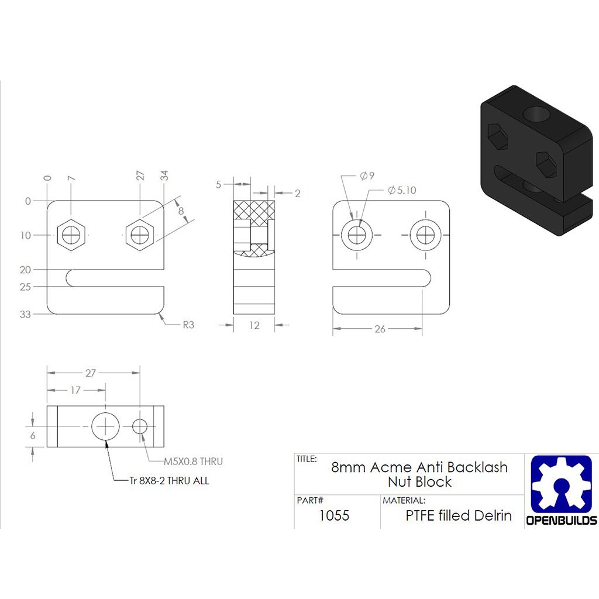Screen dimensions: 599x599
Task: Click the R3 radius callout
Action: [187, 325]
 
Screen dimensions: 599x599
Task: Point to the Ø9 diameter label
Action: [367, 175]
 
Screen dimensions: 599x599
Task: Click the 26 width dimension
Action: [380, 329]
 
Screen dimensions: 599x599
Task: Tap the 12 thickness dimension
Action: [254, 325]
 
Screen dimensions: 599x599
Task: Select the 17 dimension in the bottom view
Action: [75, 390]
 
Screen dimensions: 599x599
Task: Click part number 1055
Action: [334, 515]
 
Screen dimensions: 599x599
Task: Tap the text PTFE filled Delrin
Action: [459, 515]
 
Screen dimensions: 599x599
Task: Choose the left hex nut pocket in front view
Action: [71, 235]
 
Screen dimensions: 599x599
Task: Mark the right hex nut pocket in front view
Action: [140, 235]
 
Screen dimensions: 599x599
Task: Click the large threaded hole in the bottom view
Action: [105, 426]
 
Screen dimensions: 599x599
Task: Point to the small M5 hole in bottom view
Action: [140, 426]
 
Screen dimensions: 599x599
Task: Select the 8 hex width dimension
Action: [181, 210]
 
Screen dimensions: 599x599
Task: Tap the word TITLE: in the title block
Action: [307, 459]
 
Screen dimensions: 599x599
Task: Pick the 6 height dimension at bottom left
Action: [33, 435]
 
